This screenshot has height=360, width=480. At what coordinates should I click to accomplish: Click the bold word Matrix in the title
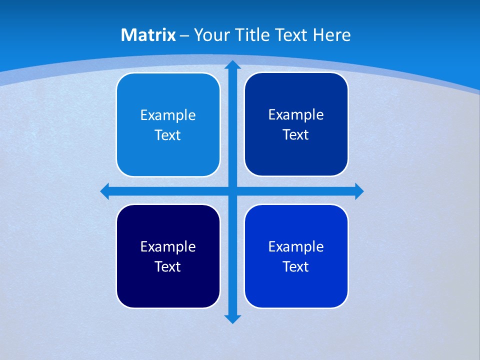coord(148,35)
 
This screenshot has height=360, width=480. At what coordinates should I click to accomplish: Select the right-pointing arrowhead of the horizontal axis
coord(358,191)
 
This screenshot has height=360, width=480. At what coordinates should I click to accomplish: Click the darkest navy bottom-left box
coord(168,285)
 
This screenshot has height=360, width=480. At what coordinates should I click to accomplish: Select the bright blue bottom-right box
coord(296,285)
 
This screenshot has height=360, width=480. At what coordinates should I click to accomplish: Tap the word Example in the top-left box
coord(168,115)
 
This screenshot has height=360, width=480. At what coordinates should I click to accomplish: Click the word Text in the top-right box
coord(296,135)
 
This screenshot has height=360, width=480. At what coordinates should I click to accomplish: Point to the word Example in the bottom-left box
coord(168,247)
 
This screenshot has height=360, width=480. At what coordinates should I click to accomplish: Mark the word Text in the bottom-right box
coord(296,267)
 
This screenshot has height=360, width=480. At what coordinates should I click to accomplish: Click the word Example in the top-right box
coord(296,115)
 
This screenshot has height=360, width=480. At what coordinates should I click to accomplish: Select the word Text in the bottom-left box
coord(168,267)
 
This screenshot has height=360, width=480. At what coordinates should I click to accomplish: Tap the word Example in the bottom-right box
coord(296,247)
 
